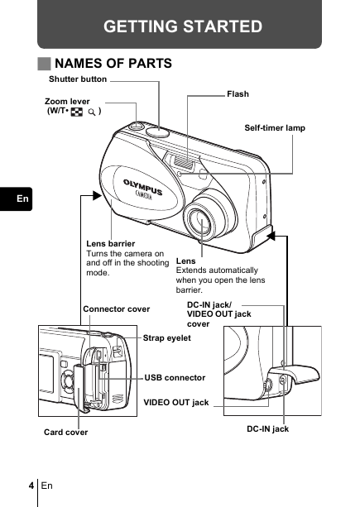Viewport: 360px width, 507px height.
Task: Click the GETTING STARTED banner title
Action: point(183,26)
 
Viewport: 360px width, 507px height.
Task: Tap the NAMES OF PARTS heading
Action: point(113,64)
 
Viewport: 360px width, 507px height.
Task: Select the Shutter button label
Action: point(78,79)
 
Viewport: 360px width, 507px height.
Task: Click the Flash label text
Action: point(238,94)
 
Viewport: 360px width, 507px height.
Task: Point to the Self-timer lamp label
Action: point(275,128)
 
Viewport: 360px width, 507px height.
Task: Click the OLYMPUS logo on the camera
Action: point(142,186)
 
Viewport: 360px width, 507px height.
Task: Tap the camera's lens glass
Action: point(201,223)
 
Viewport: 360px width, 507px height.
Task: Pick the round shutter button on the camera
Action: point(158,132)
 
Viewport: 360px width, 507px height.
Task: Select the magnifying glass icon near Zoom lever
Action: point(92,112)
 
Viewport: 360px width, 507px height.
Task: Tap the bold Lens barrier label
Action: point(111,244)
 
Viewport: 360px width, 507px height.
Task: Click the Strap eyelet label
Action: point(167,338)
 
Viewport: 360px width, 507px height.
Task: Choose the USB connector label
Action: point(175,378)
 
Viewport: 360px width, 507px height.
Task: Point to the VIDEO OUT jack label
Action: point(176,403)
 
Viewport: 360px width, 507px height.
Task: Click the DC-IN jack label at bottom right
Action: point(268,429)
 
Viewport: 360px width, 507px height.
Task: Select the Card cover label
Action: point(65,433)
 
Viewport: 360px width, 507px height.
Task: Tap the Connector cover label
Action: point(117,309)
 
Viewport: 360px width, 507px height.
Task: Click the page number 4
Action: point(31,485)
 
